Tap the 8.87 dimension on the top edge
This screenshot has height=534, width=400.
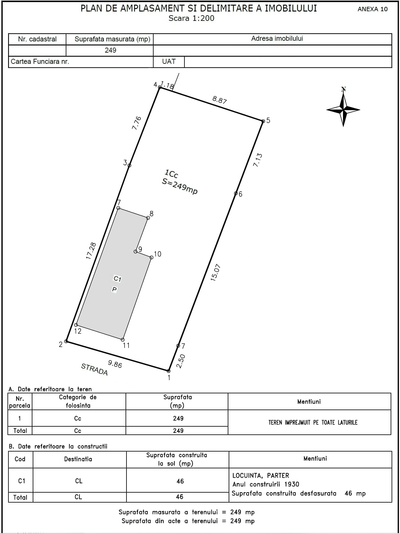click(220, 100)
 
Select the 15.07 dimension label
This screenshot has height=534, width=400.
click(215, 273)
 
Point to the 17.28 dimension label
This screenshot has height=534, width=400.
click(91, 251)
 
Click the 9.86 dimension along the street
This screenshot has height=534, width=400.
click(115, 364)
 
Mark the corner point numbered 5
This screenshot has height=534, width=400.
click(263, 121)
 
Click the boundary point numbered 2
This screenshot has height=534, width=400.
click(66, 341)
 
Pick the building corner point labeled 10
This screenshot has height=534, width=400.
click(151, 257)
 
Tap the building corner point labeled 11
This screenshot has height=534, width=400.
click(123, 340)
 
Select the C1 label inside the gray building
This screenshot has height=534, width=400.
click(117, 279)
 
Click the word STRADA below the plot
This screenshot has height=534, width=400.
click(94, 369)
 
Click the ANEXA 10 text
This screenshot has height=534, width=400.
click(373, 9)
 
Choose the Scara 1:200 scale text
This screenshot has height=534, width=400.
click(191, 18)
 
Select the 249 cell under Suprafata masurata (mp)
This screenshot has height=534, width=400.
click(110, 50)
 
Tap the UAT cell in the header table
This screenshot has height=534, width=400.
click(169, 61)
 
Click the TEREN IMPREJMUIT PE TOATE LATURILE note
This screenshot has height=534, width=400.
click(313, 422)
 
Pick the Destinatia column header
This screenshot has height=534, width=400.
click(78, 459)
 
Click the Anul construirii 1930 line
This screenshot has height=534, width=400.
click(266, 484)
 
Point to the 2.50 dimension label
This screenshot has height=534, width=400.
click(181, 361)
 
